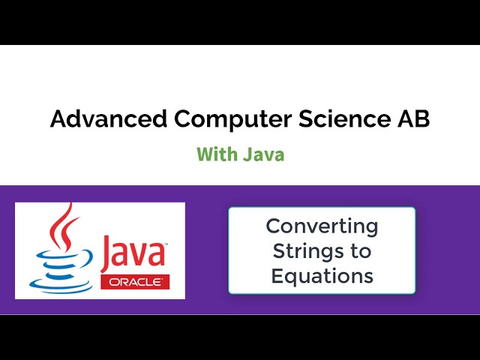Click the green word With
click(216, 154)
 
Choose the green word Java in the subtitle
click(263, 154)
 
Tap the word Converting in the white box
click(322, 225)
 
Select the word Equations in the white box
click(322, 276)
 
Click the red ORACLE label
click(134, 282)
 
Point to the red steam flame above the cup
click(64, 229)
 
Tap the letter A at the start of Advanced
click(58, 118)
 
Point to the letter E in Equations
click(276, 276)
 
